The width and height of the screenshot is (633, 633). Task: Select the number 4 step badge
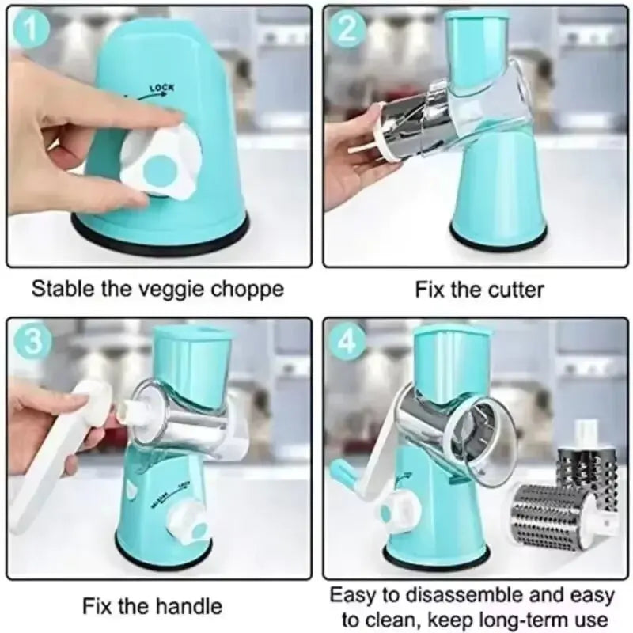coord(349,341)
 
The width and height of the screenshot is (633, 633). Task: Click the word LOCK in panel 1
coord(161,88)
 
